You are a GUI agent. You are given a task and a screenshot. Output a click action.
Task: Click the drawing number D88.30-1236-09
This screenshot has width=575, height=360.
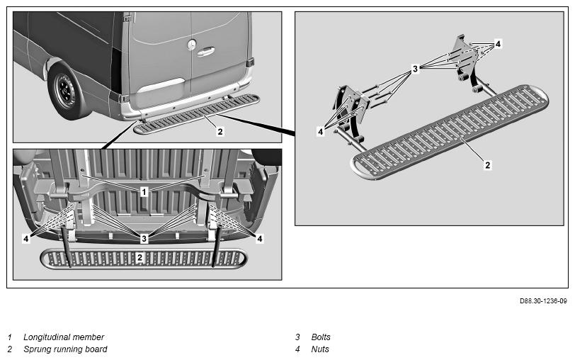tap(542, 301)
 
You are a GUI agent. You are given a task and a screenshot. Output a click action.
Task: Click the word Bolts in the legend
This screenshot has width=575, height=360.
tap(321, 337)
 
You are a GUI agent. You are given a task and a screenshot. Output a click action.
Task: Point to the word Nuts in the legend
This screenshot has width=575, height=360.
tap(320, 349)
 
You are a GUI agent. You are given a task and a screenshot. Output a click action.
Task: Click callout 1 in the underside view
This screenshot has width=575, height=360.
tap(144, 191)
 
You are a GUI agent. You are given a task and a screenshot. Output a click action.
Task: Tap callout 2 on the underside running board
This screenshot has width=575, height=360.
tap(140, 258)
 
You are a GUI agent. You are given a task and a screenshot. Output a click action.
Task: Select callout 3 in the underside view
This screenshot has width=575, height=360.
tap(144, 239)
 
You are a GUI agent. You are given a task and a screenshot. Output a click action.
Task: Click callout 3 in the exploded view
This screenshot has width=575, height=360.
tap(415, 69)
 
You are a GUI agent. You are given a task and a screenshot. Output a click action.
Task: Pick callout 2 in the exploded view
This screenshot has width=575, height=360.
tap(487, 165)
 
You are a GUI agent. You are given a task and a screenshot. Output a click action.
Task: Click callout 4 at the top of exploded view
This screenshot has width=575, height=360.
tap(498, 44)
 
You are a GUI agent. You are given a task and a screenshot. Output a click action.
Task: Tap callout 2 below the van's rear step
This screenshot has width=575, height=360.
tap(220, 131)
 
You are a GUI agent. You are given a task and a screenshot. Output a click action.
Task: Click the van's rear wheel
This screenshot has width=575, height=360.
tap(67, 91)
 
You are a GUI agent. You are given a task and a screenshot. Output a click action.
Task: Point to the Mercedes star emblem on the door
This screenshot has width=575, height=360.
tap(191, 45)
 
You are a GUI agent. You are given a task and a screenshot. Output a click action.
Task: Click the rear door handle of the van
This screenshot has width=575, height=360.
tap(205, 52)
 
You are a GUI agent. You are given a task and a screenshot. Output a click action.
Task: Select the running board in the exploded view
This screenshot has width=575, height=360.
tap(450, 132)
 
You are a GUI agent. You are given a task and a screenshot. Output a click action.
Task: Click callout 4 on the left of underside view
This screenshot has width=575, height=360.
tap(25, 239)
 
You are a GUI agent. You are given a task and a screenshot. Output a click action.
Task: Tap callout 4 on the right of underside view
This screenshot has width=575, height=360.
tap(259, 239)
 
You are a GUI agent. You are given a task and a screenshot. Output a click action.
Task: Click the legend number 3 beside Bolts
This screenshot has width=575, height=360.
tap(297, 337)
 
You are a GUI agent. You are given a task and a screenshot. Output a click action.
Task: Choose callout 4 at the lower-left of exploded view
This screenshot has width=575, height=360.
tap(321, 131)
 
